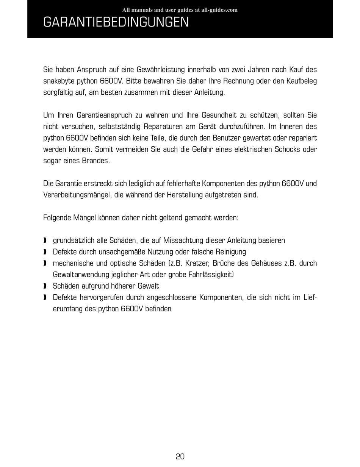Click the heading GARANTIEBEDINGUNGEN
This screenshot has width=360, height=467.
click(x=116, y=22)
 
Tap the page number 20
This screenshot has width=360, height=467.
click(x=180, y=456)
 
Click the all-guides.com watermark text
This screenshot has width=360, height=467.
click(x=180, y=10)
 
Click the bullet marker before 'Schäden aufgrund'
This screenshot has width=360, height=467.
click(x=45, y=286)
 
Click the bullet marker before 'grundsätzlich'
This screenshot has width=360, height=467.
click(x=45, y=241)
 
